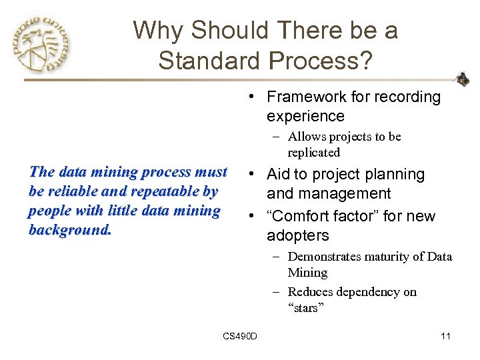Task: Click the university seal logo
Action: pyautogui.click(x=41, y=45)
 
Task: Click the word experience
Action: pyautogui.click(x=305, y=117)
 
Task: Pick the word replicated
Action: pyautogui.click(x=313, y=153)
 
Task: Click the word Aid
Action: pyautogui.click(x=279, y=175)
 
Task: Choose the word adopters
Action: pyautogui.click(x=297, y=236)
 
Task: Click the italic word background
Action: pyautogui.click(x=70, y=230)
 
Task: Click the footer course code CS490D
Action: pyautogui.click(x=240, y=336)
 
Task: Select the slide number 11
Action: pyautogui.click(x=445, y=336)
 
